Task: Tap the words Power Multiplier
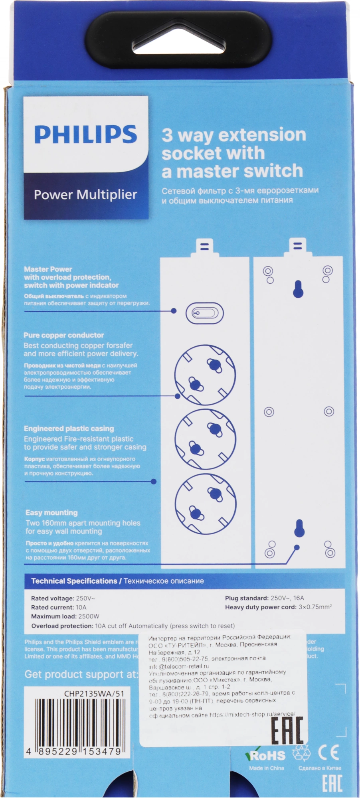85,195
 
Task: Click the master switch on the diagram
205,313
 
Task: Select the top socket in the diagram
205,375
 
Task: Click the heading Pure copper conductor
64,335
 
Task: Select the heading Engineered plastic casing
69,429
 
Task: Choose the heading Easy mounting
51,513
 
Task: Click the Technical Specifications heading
74,581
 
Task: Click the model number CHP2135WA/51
94,693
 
